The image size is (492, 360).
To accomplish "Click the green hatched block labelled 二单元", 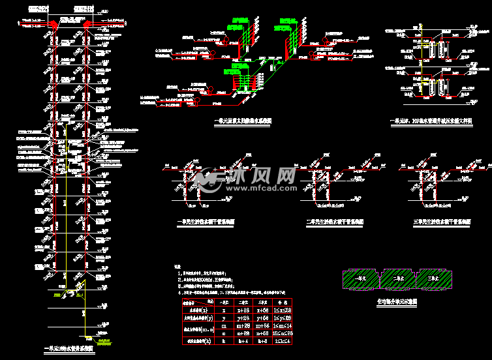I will pos(398,279).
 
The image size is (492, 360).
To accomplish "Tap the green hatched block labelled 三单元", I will pos(433,279).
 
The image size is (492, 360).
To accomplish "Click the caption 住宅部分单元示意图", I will pos(397,303).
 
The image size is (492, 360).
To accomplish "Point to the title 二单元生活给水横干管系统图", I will pos(335,222).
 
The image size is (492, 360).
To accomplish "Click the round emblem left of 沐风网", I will pos(210,178).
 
